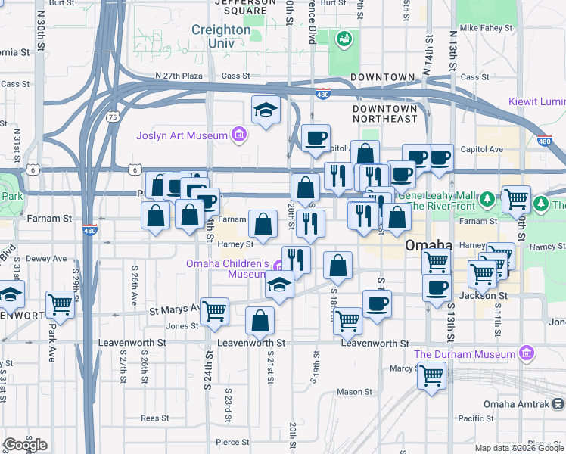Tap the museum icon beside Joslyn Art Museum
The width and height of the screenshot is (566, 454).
click(x=239, y=135)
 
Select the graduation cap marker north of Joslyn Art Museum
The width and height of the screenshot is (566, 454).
click(x=266, y=110)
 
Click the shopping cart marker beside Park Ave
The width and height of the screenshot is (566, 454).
click(x=60, y=304)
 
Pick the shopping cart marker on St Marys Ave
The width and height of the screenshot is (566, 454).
click(x=215, y=310)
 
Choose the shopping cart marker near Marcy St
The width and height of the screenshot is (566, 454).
click(x=432, y=375)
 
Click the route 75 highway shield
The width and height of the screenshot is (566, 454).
click(x=112, y=117)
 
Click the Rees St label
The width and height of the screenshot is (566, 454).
click(x=154, y=417)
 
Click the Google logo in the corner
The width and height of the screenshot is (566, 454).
click(x=25, y=445)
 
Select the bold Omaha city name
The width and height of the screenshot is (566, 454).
click(x=428, y=245)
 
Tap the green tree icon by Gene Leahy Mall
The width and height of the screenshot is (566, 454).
click(x=489, y=201)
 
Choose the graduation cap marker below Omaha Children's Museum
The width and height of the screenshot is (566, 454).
click(x=279, y=285)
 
